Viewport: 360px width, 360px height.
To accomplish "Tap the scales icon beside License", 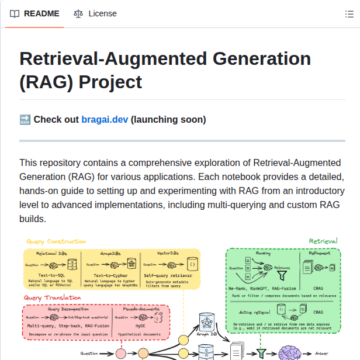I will point(78,13).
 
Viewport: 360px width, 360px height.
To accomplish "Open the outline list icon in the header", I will point(349,14).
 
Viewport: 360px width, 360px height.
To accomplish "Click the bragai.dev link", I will point(105,120).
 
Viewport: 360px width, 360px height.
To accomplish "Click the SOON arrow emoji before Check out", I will point(25,120).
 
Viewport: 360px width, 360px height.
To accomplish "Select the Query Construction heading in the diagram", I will point(56,241).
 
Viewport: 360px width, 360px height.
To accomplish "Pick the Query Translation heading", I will point(52,297).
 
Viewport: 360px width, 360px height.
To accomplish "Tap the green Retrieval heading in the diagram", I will point(323,241).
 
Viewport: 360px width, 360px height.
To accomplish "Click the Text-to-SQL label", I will point(52,274).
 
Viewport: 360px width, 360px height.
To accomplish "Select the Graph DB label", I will point(207,335).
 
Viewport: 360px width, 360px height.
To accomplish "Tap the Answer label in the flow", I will point(322,354).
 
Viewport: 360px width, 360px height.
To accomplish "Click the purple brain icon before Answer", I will point(289,353).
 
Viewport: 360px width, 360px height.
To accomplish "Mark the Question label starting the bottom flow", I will point(89,354).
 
